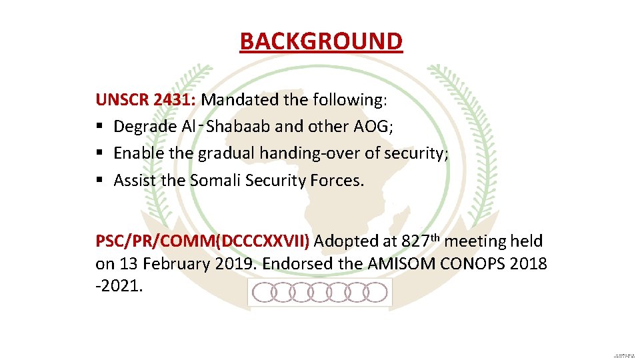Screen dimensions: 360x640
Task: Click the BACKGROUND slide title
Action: tap(321, 41)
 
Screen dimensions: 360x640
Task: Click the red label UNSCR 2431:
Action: tap(145, 100)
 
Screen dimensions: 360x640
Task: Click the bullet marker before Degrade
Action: tap(99, 127)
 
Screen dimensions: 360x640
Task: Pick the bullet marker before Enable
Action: tap(99, 153)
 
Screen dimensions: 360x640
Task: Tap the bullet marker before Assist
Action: tap(99, 180)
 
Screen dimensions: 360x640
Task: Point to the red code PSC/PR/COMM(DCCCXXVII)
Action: tap(202, 241)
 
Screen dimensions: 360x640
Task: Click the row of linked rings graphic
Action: tap(320, 291)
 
